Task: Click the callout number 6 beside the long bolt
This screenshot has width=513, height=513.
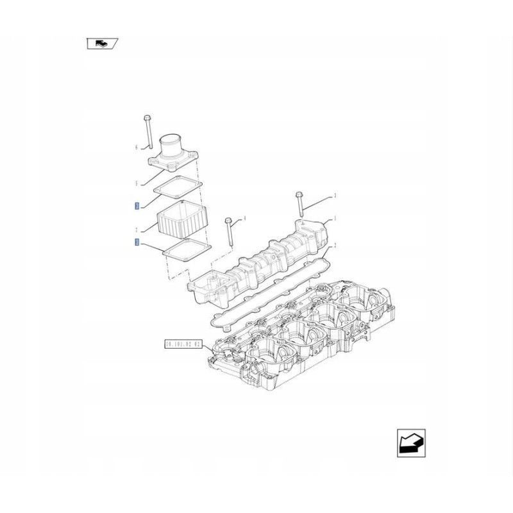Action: coord(136,147)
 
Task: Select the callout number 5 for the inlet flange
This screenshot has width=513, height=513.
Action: coord(136,183)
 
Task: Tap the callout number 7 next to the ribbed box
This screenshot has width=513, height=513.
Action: coord(136,230)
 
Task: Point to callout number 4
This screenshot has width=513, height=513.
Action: coord(244,219)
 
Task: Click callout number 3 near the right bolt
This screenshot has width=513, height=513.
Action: coord(335,195)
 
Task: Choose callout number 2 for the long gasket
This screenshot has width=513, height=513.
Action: coord(334,246)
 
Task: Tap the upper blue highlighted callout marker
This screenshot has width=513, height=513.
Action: coord(136,206)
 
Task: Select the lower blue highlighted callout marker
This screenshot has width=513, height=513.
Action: coord(136,242)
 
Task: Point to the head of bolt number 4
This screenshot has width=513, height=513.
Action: coord(228,221)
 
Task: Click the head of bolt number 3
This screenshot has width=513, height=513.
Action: coord(298,193)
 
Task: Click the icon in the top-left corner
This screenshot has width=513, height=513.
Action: coord(102,44)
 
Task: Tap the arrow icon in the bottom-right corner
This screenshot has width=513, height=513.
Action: coord(410,443)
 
